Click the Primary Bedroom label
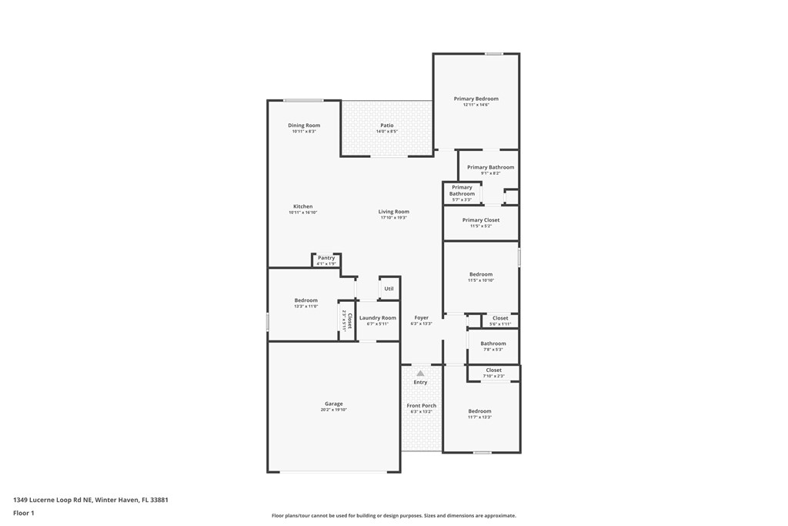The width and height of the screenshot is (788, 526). (x=476, y=99)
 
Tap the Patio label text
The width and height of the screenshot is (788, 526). (x=386, y=126)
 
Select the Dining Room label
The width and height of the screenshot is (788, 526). (x=304, y=126)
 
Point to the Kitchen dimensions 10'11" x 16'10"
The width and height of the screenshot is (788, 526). (x=303, y=213)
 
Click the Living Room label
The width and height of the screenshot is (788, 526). (x=393, y=212)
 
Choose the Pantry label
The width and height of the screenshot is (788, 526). (x=326, y=258)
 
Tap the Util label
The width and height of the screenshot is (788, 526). (x=389, y=289)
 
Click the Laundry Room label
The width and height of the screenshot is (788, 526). (x=377, y=318)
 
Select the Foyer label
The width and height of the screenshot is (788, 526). (x=421, y=317)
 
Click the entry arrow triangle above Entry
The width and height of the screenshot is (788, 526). (x=420, y=374)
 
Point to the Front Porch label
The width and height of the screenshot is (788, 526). (x=421, y=406)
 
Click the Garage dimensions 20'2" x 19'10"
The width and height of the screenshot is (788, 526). (x=334, y=410)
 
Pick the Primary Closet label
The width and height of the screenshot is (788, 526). (x=480, y=220)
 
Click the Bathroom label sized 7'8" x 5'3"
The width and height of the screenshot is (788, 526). (x=493, y=343)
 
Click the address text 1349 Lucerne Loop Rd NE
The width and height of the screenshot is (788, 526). (x=52, y=500)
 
